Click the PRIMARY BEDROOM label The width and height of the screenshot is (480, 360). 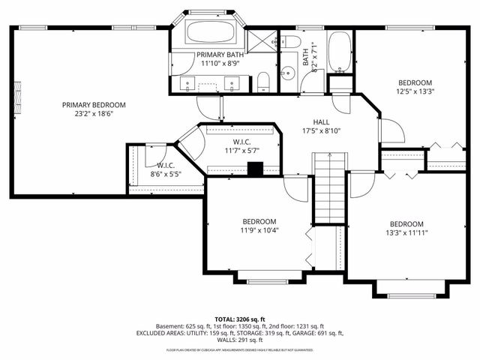pyautogui.click(x=94, y=105)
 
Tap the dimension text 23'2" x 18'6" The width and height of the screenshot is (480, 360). pyautogui.click(x=94, y=115)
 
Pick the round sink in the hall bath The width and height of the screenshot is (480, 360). pyautogui.click(x=288, y=73)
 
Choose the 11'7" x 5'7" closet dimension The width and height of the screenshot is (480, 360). pyautogui.click(x=241, y=151)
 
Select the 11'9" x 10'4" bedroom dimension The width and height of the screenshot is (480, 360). pyautogui.click(x=259, y=231)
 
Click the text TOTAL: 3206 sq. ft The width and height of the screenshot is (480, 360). pyautogui.click(x=239, y=319)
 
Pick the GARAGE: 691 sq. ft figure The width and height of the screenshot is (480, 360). pyautogui.click(x=316, y=333)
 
